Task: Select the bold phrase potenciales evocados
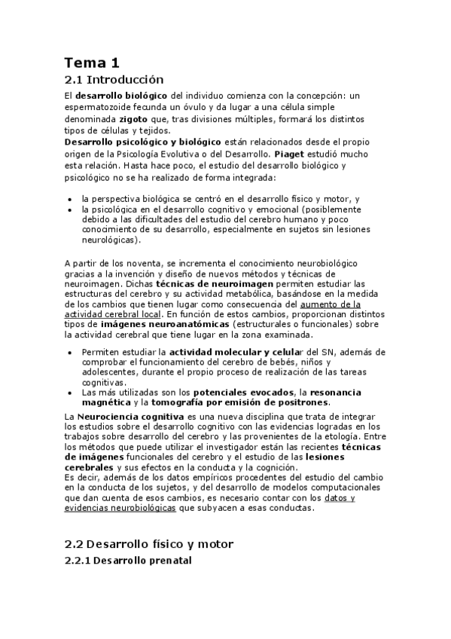pos(243,393)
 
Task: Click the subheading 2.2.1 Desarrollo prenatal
pos(128,561)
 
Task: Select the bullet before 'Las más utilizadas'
pos(70,393)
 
